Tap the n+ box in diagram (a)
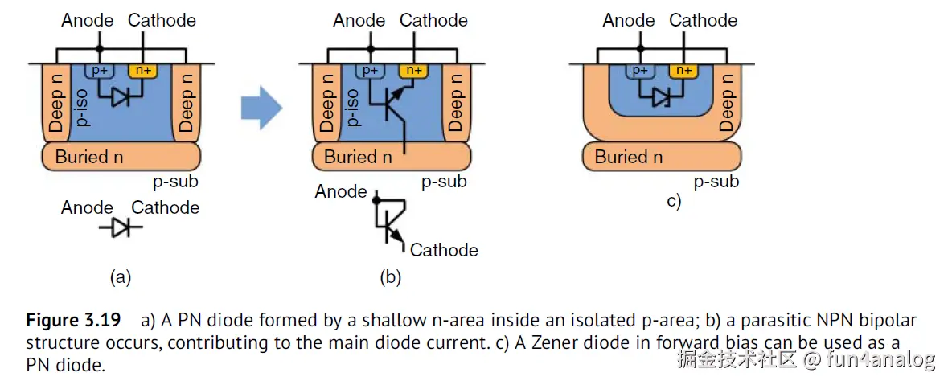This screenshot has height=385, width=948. click(144, 71)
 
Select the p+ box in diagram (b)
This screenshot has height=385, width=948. click(371, 71)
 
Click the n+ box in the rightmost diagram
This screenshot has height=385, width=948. click(683, 71)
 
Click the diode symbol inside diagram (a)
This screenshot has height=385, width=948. click(121, 97)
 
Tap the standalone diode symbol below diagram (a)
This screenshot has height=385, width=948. click(121, 228)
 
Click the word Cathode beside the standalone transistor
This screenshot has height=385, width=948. click(444, 250)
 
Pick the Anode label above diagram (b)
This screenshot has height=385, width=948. click(359, 20)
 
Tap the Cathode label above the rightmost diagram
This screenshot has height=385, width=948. click(703, 20)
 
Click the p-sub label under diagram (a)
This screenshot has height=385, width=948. click(175, 181)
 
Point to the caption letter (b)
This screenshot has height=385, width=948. click(391, 278)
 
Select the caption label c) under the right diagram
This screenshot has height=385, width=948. click(674, 202)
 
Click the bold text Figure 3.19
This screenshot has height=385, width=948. click(73, 321)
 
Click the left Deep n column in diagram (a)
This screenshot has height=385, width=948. click(56, 103)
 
